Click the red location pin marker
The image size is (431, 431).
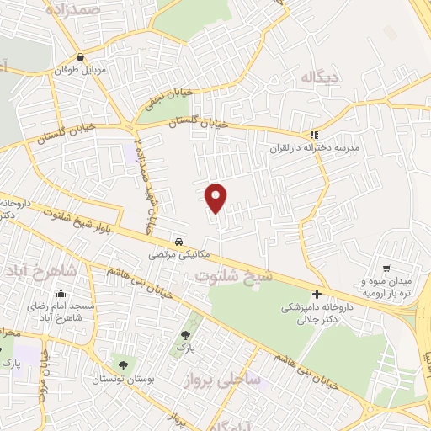pyautogui.click(x=217, y=197)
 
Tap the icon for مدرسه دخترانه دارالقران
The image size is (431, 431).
pyautogui.click(x=314, y=134)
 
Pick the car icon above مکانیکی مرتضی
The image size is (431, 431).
pyautogui.click(x=178, y=241)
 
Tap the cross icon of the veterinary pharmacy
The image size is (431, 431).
pyautogui.click(x=317, y=294)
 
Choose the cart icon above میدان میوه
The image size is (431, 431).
pyautogui.click(x=385, y=268)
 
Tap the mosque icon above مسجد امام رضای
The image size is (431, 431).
pyautogui.click(x=61, y=294)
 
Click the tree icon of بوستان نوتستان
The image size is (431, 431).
pyautogui.click(x=124, y=364)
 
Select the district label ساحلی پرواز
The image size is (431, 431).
pyautogui.click(x=223, y=380)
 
